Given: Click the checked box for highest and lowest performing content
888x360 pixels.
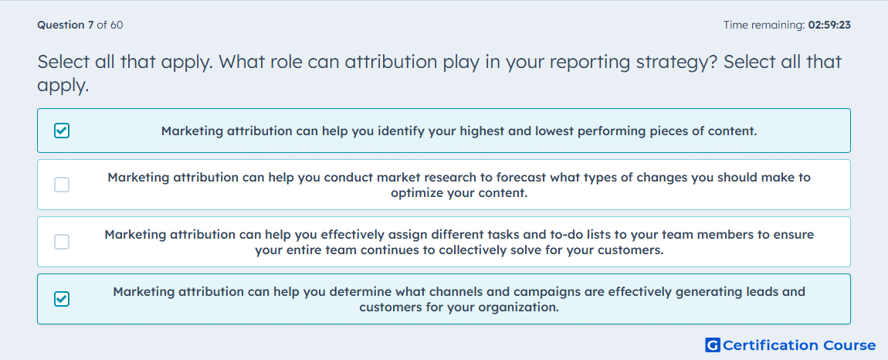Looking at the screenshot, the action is pos(62,131).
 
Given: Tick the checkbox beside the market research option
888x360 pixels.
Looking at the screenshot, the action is pos(62,185).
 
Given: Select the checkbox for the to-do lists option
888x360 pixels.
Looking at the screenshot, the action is pos(62,242).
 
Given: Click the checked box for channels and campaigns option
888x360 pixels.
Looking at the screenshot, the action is pos(62,299).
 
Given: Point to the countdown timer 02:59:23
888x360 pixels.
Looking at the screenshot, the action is pos(829,25).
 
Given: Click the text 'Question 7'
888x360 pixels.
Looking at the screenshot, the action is pos(66,25).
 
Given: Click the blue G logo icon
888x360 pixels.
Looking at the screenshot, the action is pos(713,345).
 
